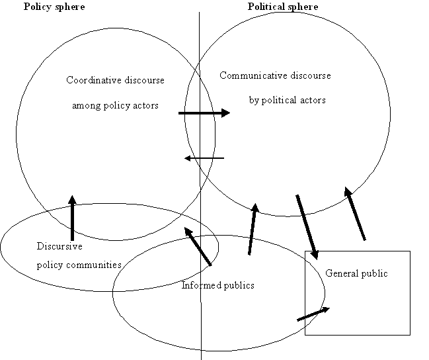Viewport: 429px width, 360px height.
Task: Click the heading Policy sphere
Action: [x=54, y=7]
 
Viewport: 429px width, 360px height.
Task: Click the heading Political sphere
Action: [x=283, y=7]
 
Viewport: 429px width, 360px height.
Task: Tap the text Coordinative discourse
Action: [x=116, y=80]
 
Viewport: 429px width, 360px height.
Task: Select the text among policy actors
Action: [x=124, y=105]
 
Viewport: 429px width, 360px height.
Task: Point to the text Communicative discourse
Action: [x=275, y=75]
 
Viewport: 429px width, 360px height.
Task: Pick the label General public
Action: [x=356, y=273]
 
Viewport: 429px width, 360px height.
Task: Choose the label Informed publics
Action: [x=217, y=285]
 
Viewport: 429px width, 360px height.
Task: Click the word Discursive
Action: [x=59, y=246]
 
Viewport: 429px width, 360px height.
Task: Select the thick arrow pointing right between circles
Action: [x=204, y=113]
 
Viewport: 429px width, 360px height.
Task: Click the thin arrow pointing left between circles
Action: [x=204, y=158]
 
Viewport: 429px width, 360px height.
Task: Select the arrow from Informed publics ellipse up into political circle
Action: [x=253, y=229]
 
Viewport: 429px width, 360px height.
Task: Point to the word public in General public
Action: [x=373, y=273]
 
